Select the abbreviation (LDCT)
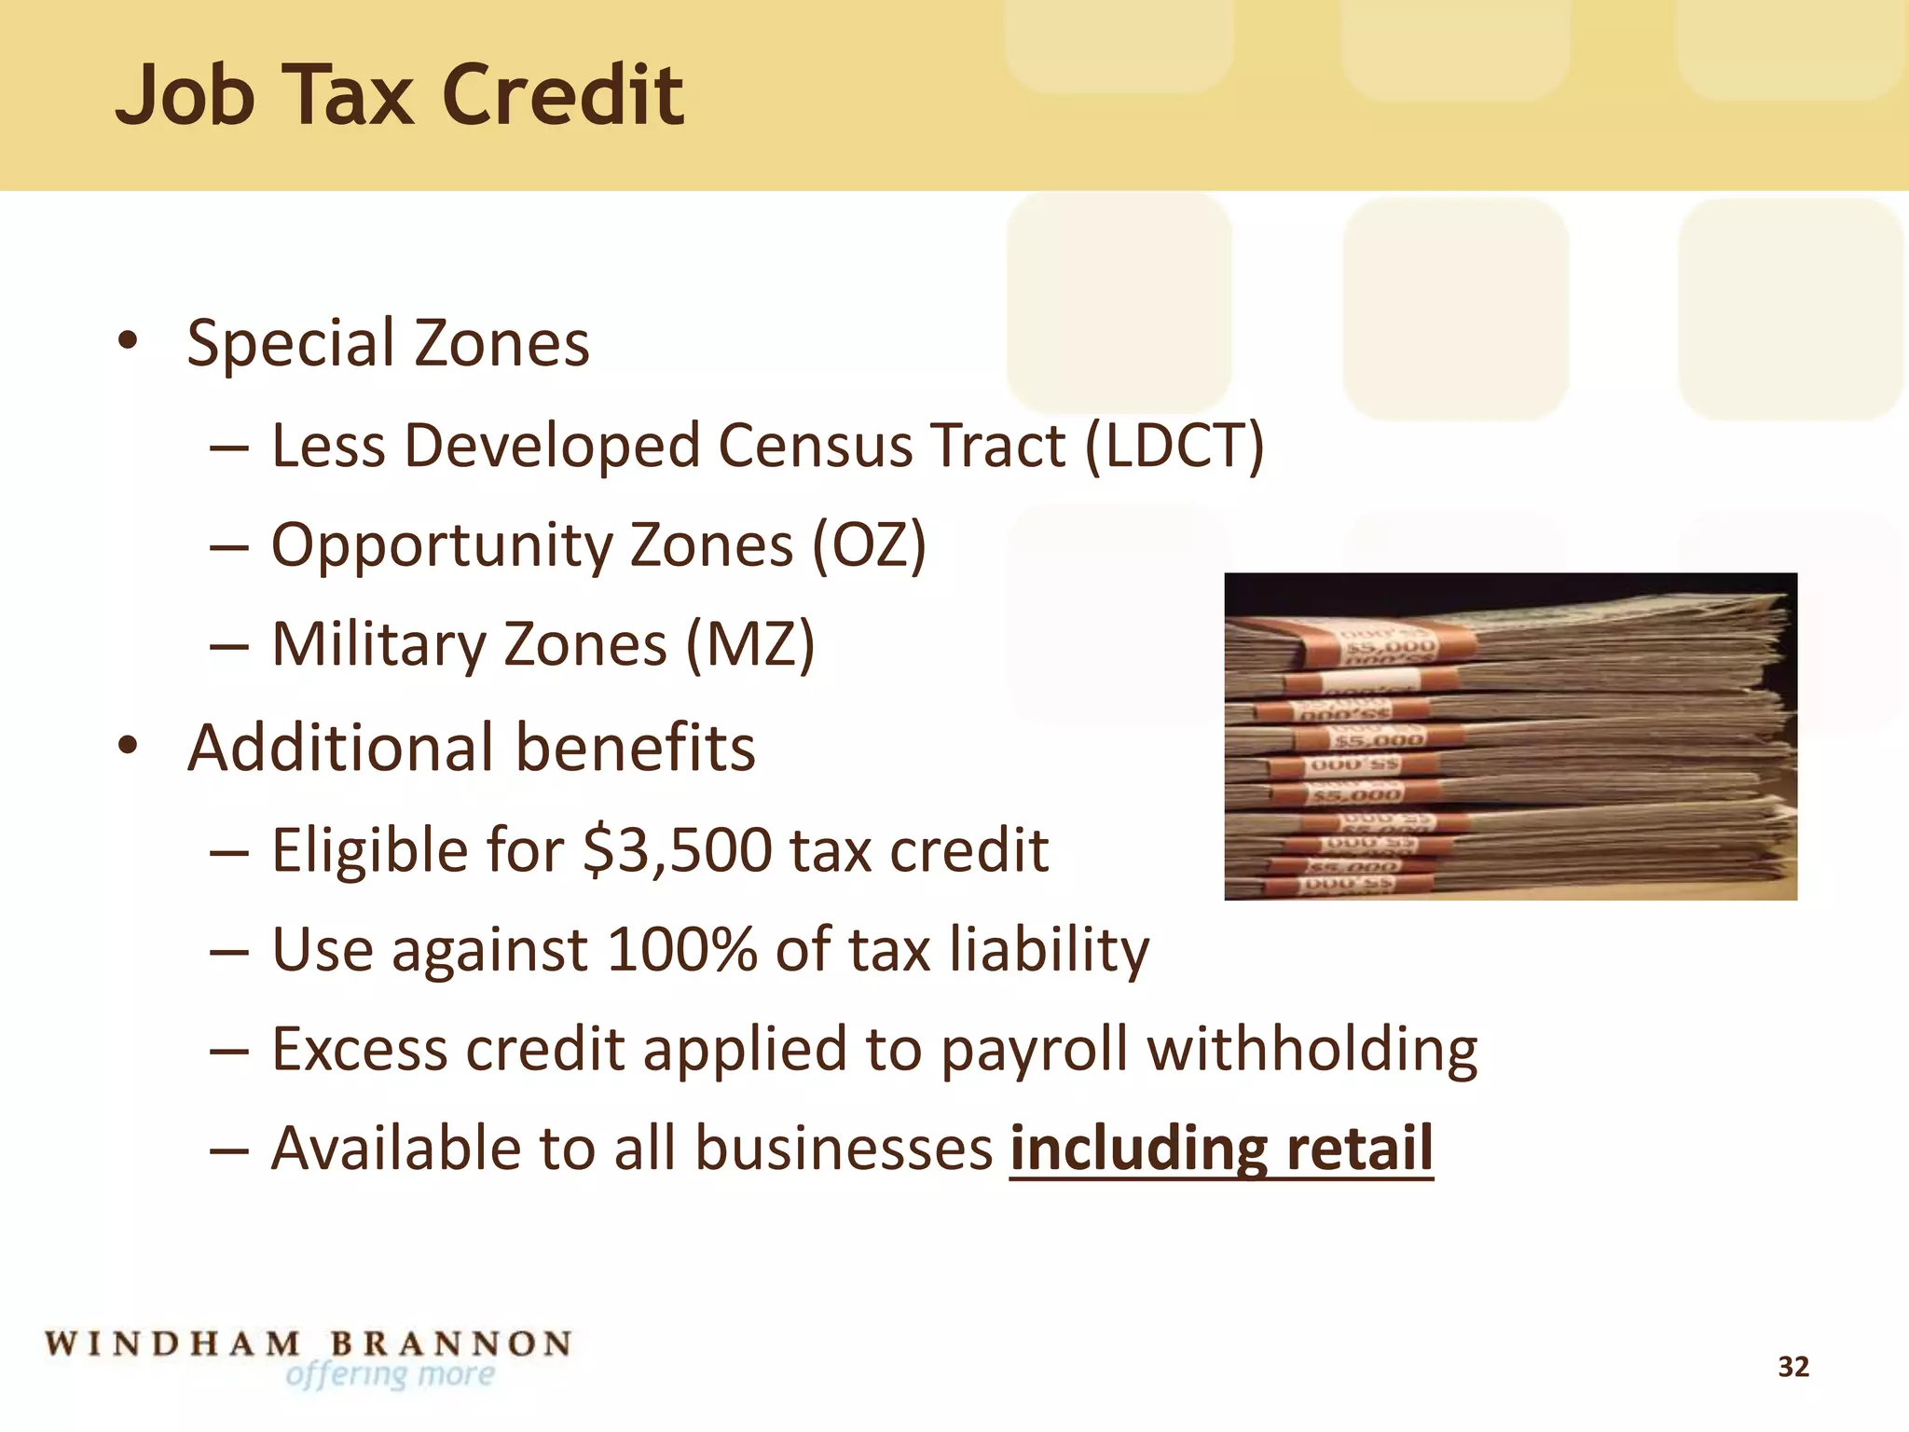pos(1174,446)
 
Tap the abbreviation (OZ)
pos(869,545)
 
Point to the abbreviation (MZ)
pos(750,645)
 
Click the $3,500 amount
pos(678,850)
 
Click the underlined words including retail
pos(1221,1149)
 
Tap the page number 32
pos(1793,1367)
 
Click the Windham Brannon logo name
pos(308,1344)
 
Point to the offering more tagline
pos(391,1375)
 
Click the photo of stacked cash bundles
pos(1510,737)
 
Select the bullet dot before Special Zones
pos(128,340)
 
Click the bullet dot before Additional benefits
pos(128,746)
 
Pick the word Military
pos(375,645)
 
